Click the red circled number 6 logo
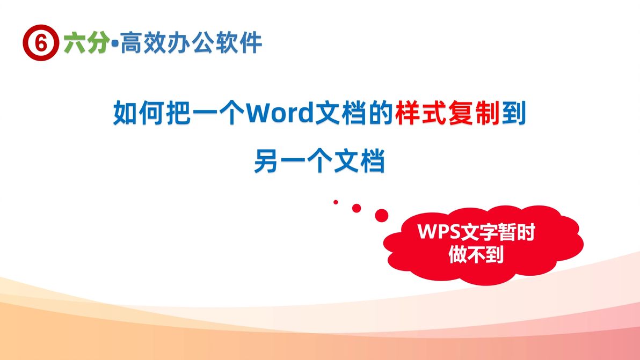point(40,43)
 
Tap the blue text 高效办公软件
point(191,43)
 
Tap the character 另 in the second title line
point(267,161)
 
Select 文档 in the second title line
point(359,161)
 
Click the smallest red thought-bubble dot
point(336,202)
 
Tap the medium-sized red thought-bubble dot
point(357,208)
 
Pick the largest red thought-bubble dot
point(382,216)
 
